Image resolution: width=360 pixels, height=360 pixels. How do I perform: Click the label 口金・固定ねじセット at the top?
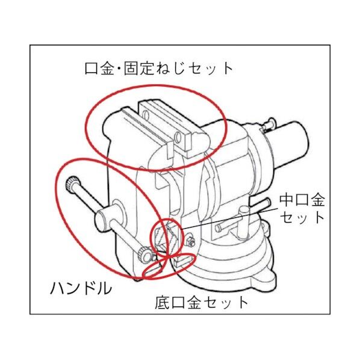(158, 67)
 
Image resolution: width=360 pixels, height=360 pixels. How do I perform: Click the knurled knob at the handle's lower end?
(144, 255)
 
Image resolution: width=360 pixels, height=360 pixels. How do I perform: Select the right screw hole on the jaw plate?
(179, 139)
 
